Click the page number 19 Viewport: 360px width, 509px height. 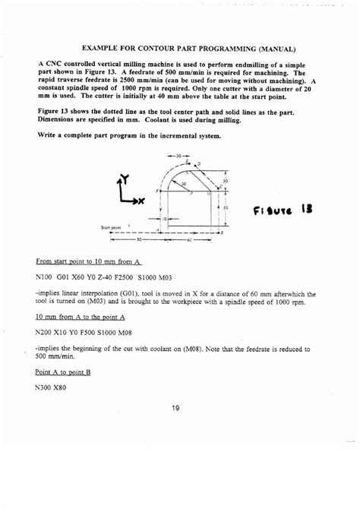coord(175,408)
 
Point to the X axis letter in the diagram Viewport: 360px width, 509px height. coord(139,201)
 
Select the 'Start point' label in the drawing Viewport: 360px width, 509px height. coord(111,226)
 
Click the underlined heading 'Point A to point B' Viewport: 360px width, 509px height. coord(63,373)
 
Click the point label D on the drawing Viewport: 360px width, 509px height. coord(198,163)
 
